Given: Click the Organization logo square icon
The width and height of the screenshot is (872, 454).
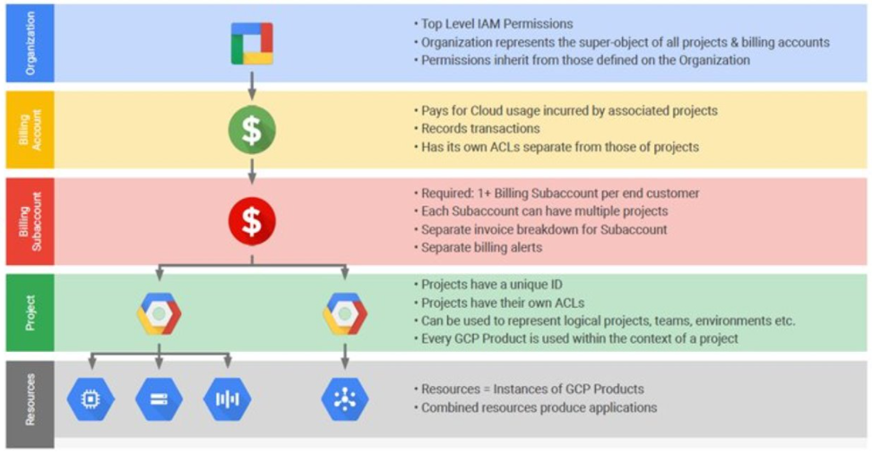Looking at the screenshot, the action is pyautogui.click(x=252, y=43).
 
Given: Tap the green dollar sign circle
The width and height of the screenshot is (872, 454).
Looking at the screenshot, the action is pyautogui.click(x=252, y=130).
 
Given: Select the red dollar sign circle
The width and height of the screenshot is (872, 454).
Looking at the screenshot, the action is pyautogui.click(x=252, y=221).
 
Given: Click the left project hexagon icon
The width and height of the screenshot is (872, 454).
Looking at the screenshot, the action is pyautogui.click(x=159, y=314).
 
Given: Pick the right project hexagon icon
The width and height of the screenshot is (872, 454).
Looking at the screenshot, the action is pyautogui.click(x=345, y=314).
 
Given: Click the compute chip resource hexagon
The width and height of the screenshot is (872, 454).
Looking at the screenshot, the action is pyautogui.click(x=91, y=399).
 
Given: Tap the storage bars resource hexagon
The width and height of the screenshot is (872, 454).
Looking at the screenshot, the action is pyautogui.click(x=159, y=399).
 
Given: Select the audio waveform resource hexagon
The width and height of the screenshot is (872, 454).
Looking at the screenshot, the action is pyautogui.click(x=228, y=399).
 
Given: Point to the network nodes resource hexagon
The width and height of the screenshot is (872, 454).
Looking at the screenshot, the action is pyautogui.click(x=345, y=399).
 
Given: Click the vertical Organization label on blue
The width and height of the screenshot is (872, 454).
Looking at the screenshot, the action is pyautogui.click(x=30, y=43).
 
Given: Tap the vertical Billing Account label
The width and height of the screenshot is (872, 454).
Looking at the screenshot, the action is pyautogui.click(x=30, y=130).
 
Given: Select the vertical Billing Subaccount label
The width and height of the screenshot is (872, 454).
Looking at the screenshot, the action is pyautogui.click(x=30, y=221).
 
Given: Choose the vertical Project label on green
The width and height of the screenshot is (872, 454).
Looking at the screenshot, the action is pyautogui.click(x=30, y=313).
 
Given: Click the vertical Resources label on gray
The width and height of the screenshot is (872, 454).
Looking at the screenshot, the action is pyautogui.click(x=30, y=399).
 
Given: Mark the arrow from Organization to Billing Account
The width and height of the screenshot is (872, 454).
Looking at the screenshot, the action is pyautogui.click(x=252, y=86).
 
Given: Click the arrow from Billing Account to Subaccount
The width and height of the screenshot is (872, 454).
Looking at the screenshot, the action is pyautogui.click(x=252, y=171).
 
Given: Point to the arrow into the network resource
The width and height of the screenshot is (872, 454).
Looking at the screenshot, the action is pyautogui.click(x=345, y=355).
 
